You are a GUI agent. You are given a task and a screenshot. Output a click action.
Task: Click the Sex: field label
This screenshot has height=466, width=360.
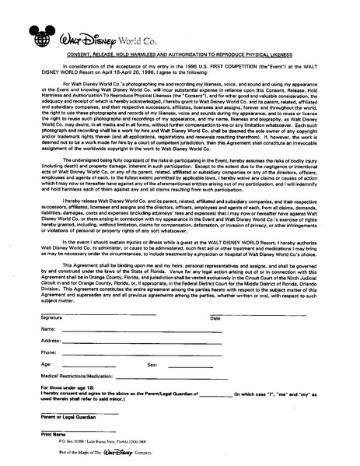152,363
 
